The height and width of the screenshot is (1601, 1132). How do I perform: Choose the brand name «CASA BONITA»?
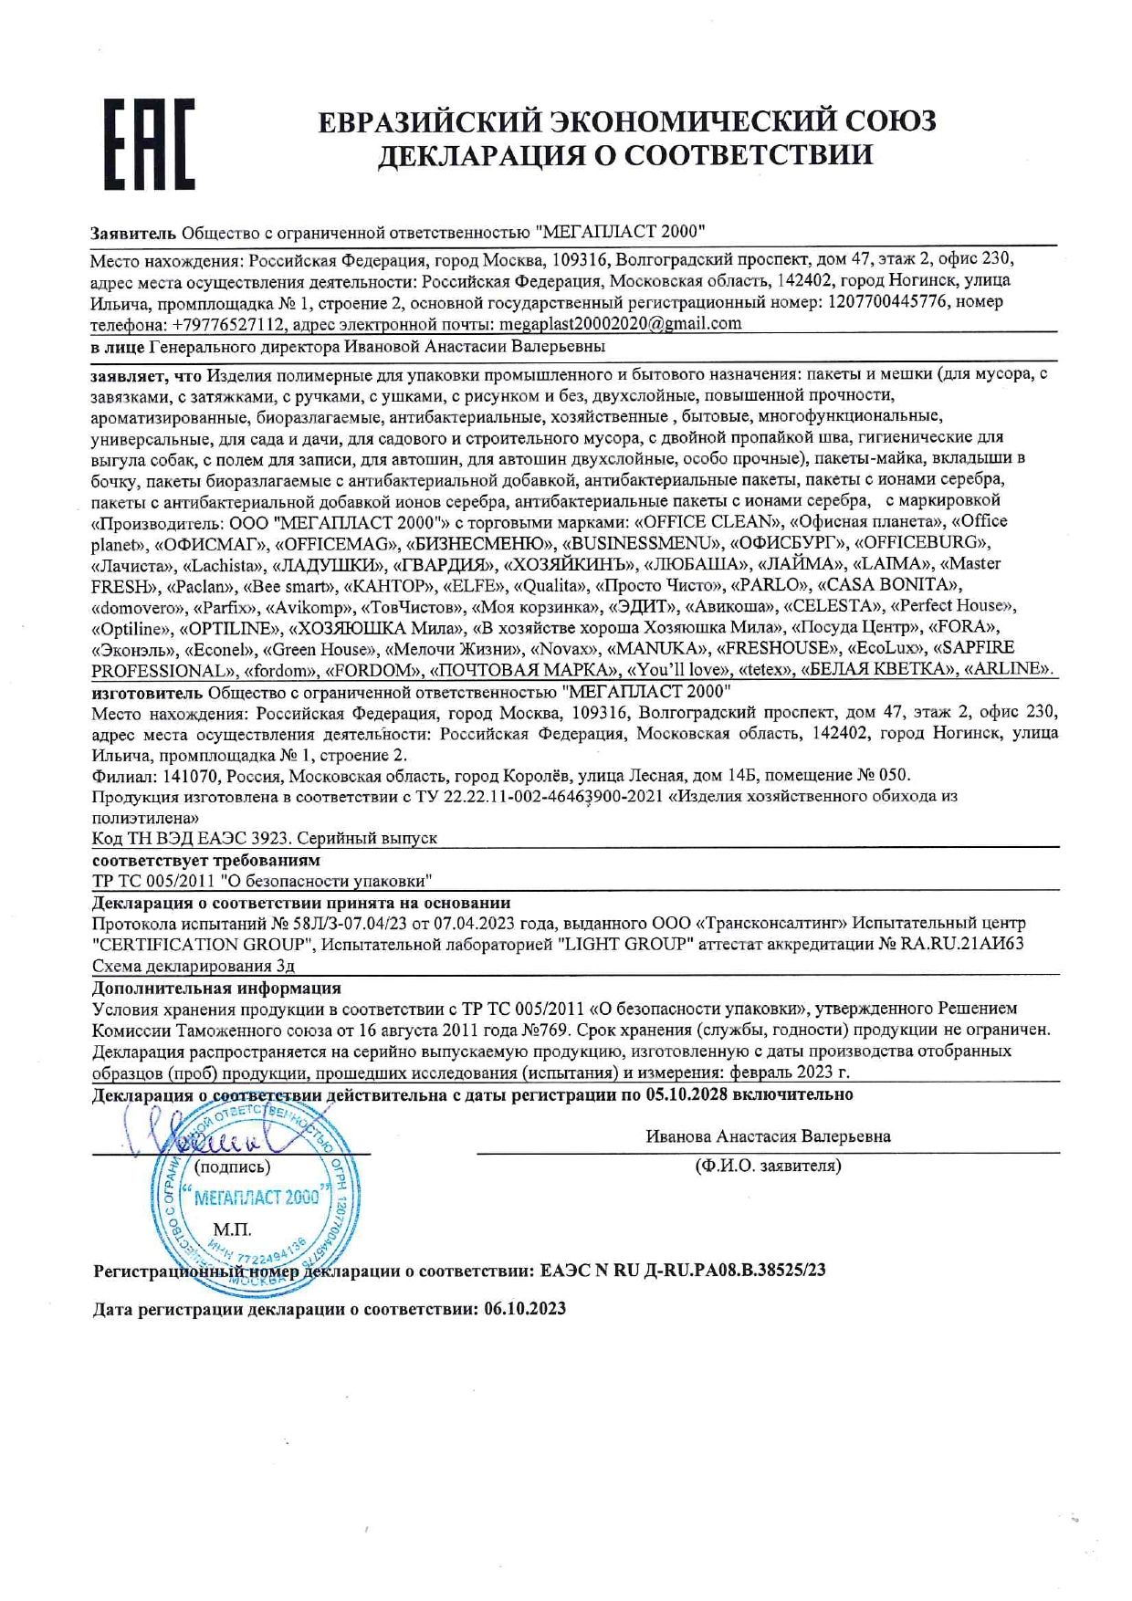coord(892,584)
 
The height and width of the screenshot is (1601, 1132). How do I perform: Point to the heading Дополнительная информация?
coord(217,988)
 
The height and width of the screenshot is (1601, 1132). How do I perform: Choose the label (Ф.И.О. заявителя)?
coord(768,1166)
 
